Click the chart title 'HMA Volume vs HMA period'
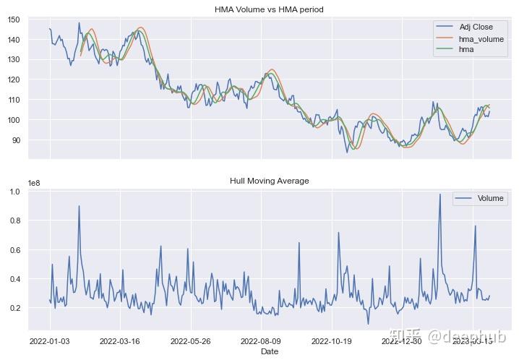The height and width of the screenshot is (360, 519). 269,9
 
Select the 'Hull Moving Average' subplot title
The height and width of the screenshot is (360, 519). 269,181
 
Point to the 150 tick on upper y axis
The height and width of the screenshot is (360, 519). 14,20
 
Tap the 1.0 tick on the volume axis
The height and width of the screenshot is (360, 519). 14,192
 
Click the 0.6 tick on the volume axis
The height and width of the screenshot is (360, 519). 14,250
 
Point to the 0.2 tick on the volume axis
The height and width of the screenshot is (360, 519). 14,308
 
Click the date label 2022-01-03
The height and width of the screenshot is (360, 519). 49,340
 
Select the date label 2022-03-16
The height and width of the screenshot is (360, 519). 120,340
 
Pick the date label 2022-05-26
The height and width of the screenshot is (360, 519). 191,340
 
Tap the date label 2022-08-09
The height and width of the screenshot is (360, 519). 261,340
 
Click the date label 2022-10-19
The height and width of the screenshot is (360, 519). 332,340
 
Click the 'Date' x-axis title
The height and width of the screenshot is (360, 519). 269,351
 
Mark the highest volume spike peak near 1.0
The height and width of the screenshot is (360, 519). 439,194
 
